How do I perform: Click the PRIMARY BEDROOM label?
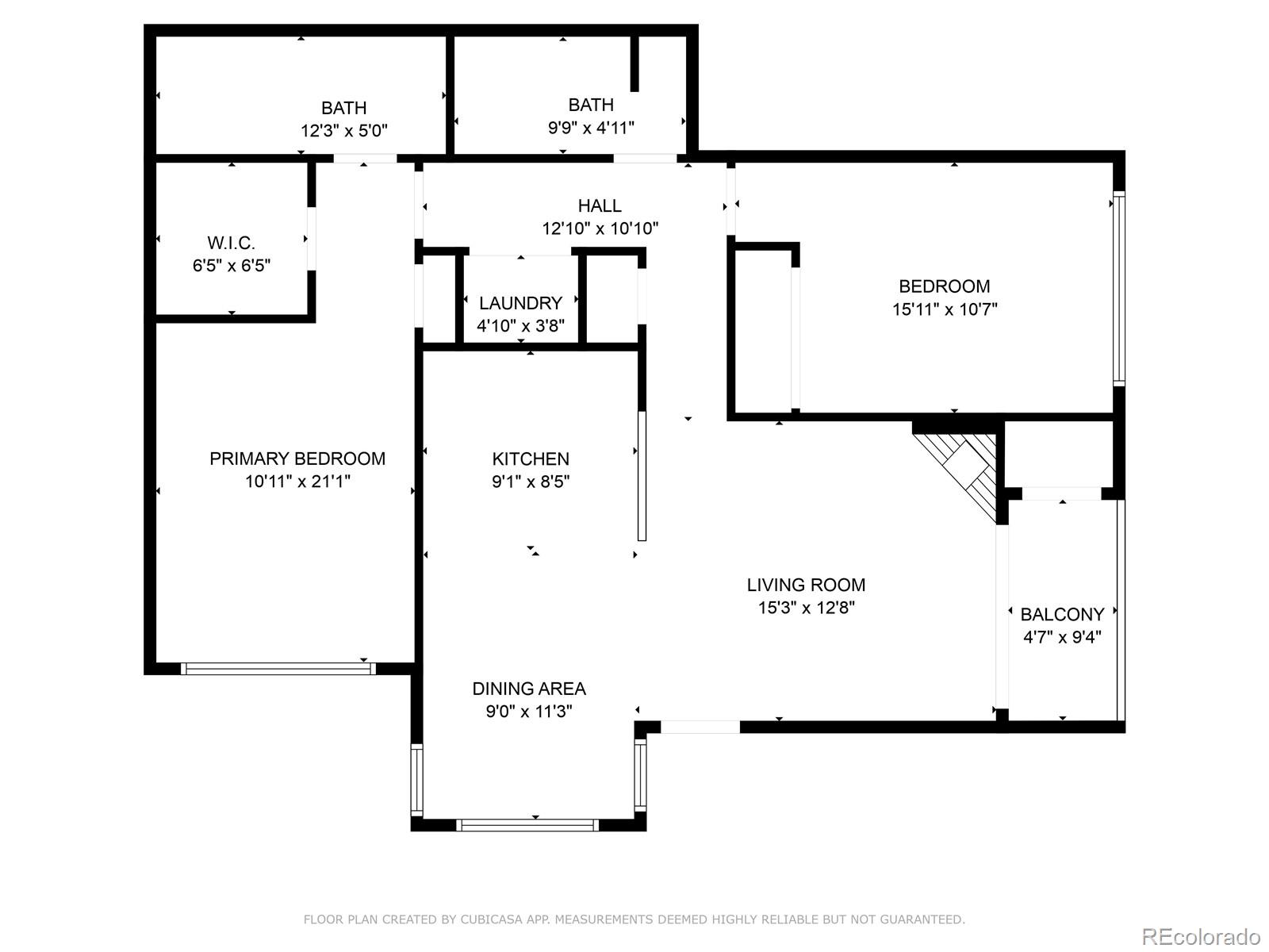(x=297, y=459)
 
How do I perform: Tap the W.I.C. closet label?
(x=231, y=243)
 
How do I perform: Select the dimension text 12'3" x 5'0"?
(x=343, y=131)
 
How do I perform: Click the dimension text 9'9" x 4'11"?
(x=591, y=128)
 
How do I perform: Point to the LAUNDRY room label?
(x=520, y=303)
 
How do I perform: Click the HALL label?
(x=600, y=206)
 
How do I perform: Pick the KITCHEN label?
(x=531, y=459)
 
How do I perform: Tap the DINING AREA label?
(x=529, y=689)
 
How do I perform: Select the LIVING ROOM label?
(x=806, y=585)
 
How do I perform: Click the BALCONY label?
(x=1062, y=615)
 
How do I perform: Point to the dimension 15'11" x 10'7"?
(x=944, y=309)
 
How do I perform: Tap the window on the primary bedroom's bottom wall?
(x=278, y=669)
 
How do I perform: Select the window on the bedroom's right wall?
(x=1118, y=288)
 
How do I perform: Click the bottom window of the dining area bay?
(x=527, y=826)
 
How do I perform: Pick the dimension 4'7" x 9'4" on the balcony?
(x=1062, y=637)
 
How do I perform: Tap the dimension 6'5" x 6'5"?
(x=231, y=266)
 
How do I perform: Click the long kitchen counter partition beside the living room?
(x=642, y=475)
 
